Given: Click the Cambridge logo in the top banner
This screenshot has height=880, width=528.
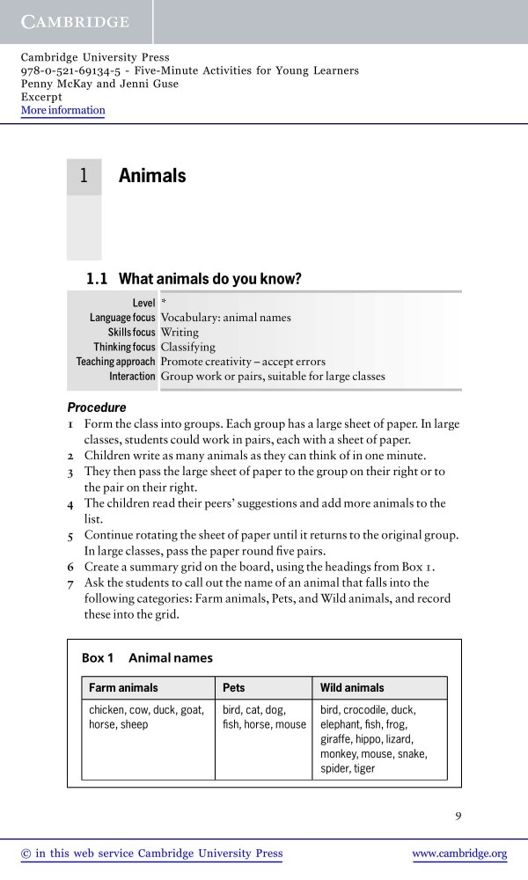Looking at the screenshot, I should (x=76, y=21).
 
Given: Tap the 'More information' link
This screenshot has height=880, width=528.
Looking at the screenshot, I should (x=62, y=111).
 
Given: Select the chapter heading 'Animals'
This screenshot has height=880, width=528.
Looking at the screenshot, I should (x=152, y=176).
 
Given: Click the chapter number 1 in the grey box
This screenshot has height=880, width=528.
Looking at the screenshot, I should (x=84, y=176).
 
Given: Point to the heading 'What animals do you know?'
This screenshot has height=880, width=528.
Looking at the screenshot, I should (x=210, y=280).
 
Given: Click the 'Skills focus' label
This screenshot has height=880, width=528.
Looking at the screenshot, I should (x=132, y=333).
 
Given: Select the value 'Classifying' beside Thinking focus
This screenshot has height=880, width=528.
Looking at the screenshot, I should (x=187, y=348).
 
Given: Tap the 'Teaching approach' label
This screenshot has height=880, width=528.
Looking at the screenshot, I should (x=116, y=362).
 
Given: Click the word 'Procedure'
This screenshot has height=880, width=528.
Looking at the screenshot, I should (x=97, y=408).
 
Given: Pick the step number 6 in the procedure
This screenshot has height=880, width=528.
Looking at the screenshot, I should (x=70, y=568).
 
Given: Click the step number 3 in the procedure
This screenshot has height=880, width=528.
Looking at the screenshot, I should (x=70, y=472).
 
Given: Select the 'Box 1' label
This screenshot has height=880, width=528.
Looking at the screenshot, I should (x=98, y=657).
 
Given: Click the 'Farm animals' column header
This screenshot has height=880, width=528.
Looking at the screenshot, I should (x=123, y=687).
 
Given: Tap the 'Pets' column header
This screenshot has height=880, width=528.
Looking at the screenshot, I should (x=234, y=687).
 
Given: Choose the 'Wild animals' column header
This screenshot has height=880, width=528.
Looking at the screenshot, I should (x=352, y=687).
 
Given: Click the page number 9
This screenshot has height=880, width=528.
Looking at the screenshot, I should (x=458, y=816).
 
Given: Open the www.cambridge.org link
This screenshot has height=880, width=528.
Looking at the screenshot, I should (x=459, y=854).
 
